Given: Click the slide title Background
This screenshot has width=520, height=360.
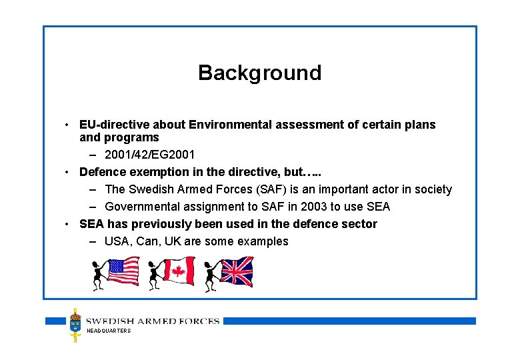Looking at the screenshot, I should point(259,73).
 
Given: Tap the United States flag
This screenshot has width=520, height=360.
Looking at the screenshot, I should point(123,271).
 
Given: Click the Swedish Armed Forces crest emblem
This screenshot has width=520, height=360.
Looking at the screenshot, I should point(76,325).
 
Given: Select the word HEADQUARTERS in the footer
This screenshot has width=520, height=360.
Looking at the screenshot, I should point(109,331).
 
